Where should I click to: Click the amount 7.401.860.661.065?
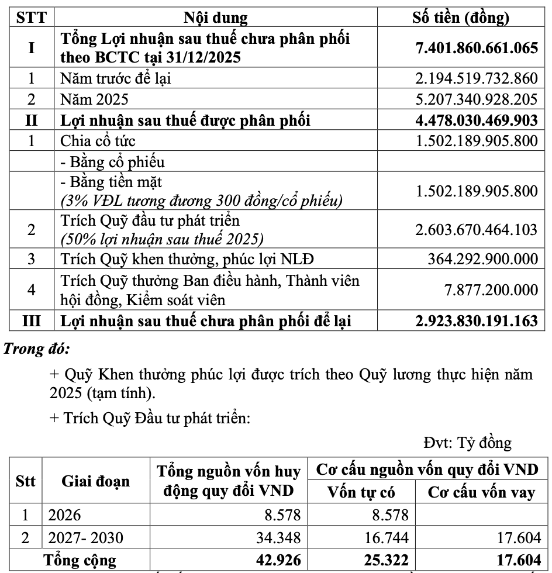(476, 48)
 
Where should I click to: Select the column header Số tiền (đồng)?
(461, 18)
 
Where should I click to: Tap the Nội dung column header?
(216, 18)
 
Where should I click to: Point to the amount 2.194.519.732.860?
(476, 78)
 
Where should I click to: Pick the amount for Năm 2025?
(476, 99)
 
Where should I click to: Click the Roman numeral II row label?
(31, 120)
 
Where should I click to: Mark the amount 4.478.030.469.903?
(476, 120)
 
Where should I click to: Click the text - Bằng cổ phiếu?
(112, 162)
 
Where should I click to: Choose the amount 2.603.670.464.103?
(476, 229)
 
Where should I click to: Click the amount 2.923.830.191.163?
(476, 320)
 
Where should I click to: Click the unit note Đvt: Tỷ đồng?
(467, 443)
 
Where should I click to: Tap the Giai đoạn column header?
(96, 482)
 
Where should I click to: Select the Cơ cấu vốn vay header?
(481, 492)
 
